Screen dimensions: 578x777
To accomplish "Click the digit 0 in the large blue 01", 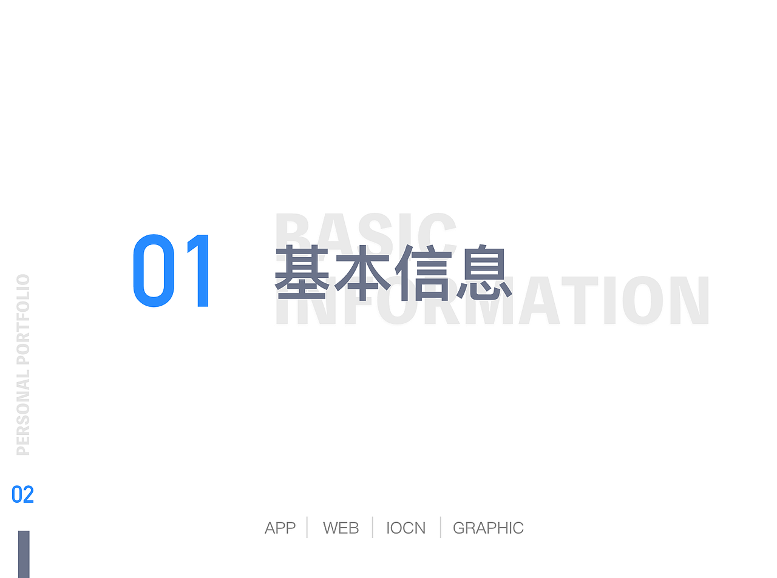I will click(154, 271).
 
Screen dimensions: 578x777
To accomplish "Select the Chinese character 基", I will click(302, 272).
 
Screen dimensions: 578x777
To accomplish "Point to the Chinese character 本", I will click(362, 272).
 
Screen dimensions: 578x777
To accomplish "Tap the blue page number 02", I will click(22, 495).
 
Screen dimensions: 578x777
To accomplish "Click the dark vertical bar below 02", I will click(24, 554).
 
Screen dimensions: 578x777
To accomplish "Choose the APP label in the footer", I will click(280, 528).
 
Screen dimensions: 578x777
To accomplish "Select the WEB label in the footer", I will click(341, 528).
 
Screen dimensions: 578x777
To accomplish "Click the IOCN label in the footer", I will click(405, 528).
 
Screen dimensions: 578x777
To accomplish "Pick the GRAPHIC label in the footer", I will click(488, 528).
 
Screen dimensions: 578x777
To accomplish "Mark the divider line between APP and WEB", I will click(307, 527).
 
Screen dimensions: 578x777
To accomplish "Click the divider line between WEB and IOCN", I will click(372, 527).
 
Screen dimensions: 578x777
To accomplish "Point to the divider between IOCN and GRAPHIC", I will click(440, 527).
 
